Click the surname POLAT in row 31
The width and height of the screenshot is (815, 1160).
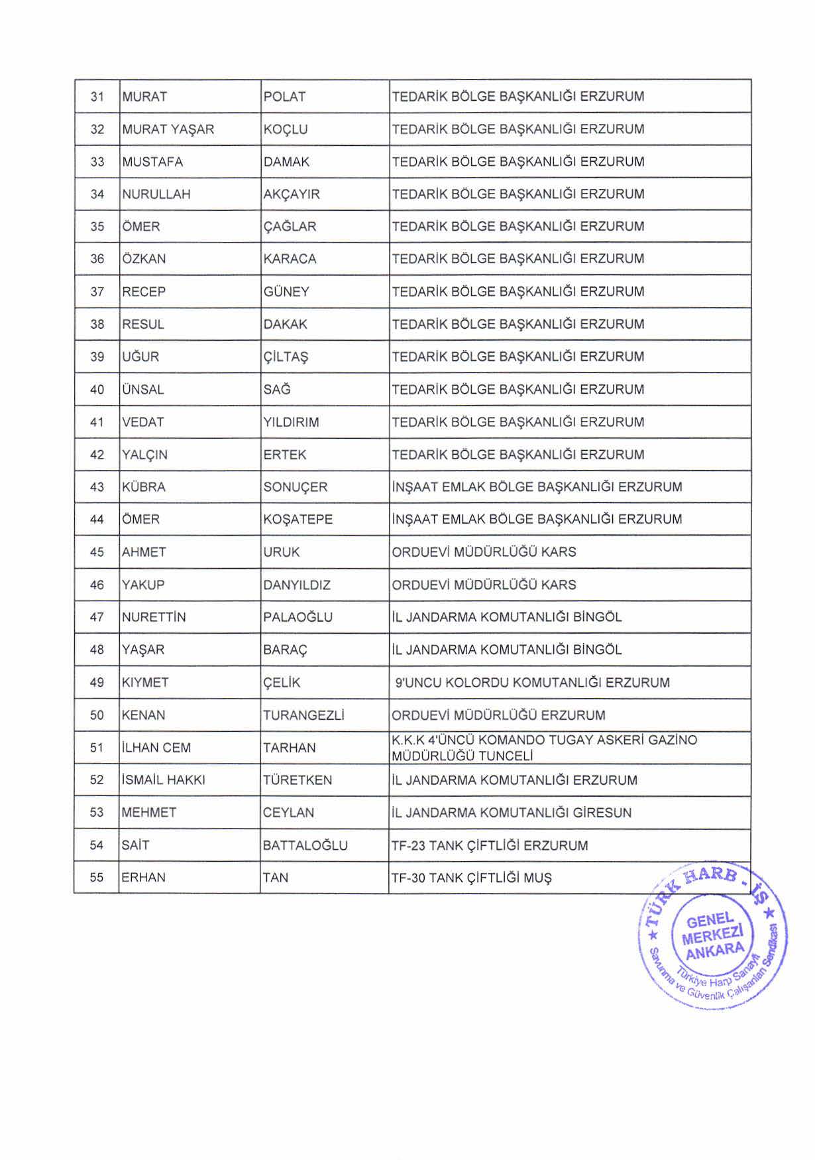[x=284, y=97]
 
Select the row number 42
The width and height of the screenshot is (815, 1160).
[x=97, y=455]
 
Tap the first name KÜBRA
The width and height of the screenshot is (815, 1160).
[x=144, y=487]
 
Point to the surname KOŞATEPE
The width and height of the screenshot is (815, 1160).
[x=298, y=520]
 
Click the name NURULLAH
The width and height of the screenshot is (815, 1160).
[x=156, y=194]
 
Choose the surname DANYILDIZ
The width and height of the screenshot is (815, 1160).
[x=296, y=585]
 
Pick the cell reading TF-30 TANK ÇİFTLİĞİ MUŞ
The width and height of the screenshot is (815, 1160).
[x=471, y=878]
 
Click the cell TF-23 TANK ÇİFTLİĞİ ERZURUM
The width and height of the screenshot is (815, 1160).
[x=490, y=846]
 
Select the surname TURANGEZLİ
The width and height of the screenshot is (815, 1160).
[x=303, y=716]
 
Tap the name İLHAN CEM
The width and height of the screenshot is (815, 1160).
[x=156, y=748]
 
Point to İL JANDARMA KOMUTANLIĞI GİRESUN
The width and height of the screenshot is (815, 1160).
[x=512, y=813]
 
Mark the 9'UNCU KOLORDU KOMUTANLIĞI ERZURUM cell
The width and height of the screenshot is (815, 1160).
[x=532, y=683]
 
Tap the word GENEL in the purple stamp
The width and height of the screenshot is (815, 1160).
[x=710, y=920]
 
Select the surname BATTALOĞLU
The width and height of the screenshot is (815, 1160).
[x=305, y=846]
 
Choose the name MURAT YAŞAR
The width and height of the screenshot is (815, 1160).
[x=168, y=129]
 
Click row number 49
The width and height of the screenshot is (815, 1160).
[x=97, y=683]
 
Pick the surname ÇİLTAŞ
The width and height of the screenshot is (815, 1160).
[x=286, y=357]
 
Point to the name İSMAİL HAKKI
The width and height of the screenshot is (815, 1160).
[x=164, y=780]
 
